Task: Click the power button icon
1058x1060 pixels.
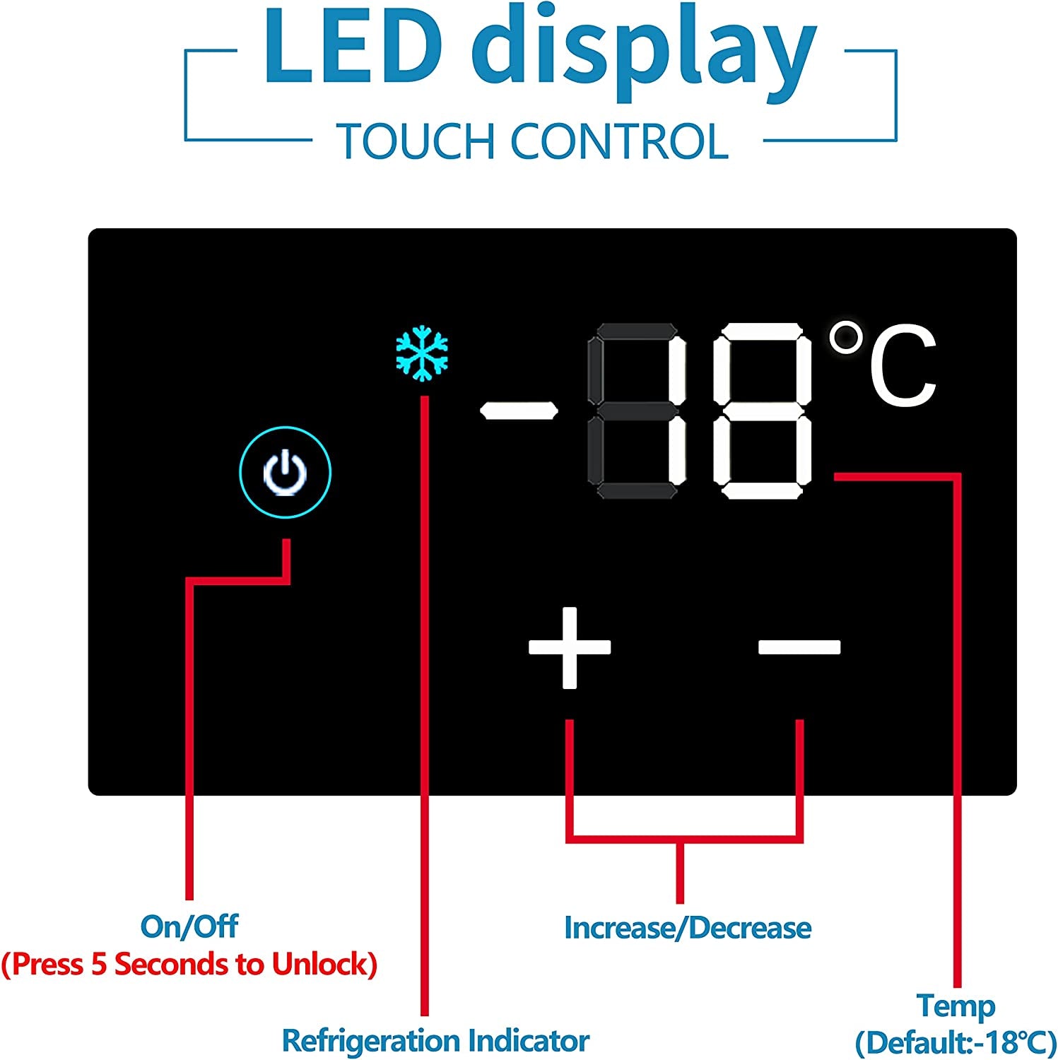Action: click(285, 471)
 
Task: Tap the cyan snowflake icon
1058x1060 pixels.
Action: click(422, 353)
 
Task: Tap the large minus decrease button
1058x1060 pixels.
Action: click(799, 647)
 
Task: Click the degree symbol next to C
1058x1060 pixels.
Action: click(846, 338)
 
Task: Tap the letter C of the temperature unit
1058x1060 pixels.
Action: click(903, 367)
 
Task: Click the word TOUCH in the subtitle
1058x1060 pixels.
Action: click(416, 141)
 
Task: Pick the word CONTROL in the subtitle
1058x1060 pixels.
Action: click(619, 141)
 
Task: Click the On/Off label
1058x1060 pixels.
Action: click(189, 926)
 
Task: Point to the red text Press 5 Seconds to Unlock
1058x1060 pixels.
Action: click(189, 964)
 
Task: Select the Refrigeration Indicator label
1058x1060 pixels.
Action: click(435, 1040)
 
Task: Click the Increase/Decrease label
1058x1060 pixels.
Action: click(688, 927)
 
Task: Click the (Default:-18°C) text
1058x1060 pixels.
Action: click(956, 1042)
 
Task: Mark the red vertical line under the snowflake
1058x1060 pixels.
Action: click(424, 705)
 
